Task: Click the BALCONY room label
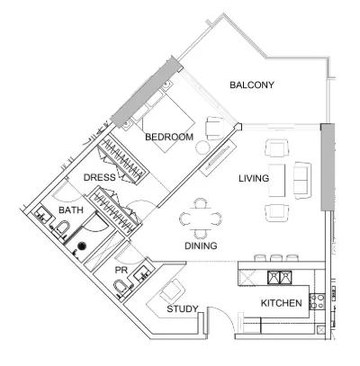click(x=252, y=85)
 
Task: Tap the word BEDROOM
click(x=169, y=137)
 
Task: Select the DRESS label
click(x=99, y=177)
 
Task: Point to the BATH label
click(x=71, y=210)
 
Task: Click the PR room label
click(x=121, y=270)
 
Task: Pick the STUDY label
click(x=183, y=308)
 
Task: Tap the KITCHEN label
click(x=282, y=303)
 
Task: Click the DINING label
click(x=201, y=245)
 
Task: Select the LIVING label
click(x=254, y=179)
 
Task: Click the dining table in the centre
click(x=201, y=219)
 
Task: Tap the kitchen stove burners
click(x=317, y=301)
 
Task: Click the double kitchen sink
click(x=280, y=277)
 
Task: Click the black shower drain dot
click(x=82, y=246)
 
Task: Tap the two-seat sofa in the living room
click(x=302, y=180)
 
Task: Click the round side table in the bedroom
click(x=202, y=147)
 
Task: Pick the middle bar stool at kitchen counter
click(x=275, y=258)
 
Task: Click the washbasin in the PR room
click(x=141, y=272)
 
